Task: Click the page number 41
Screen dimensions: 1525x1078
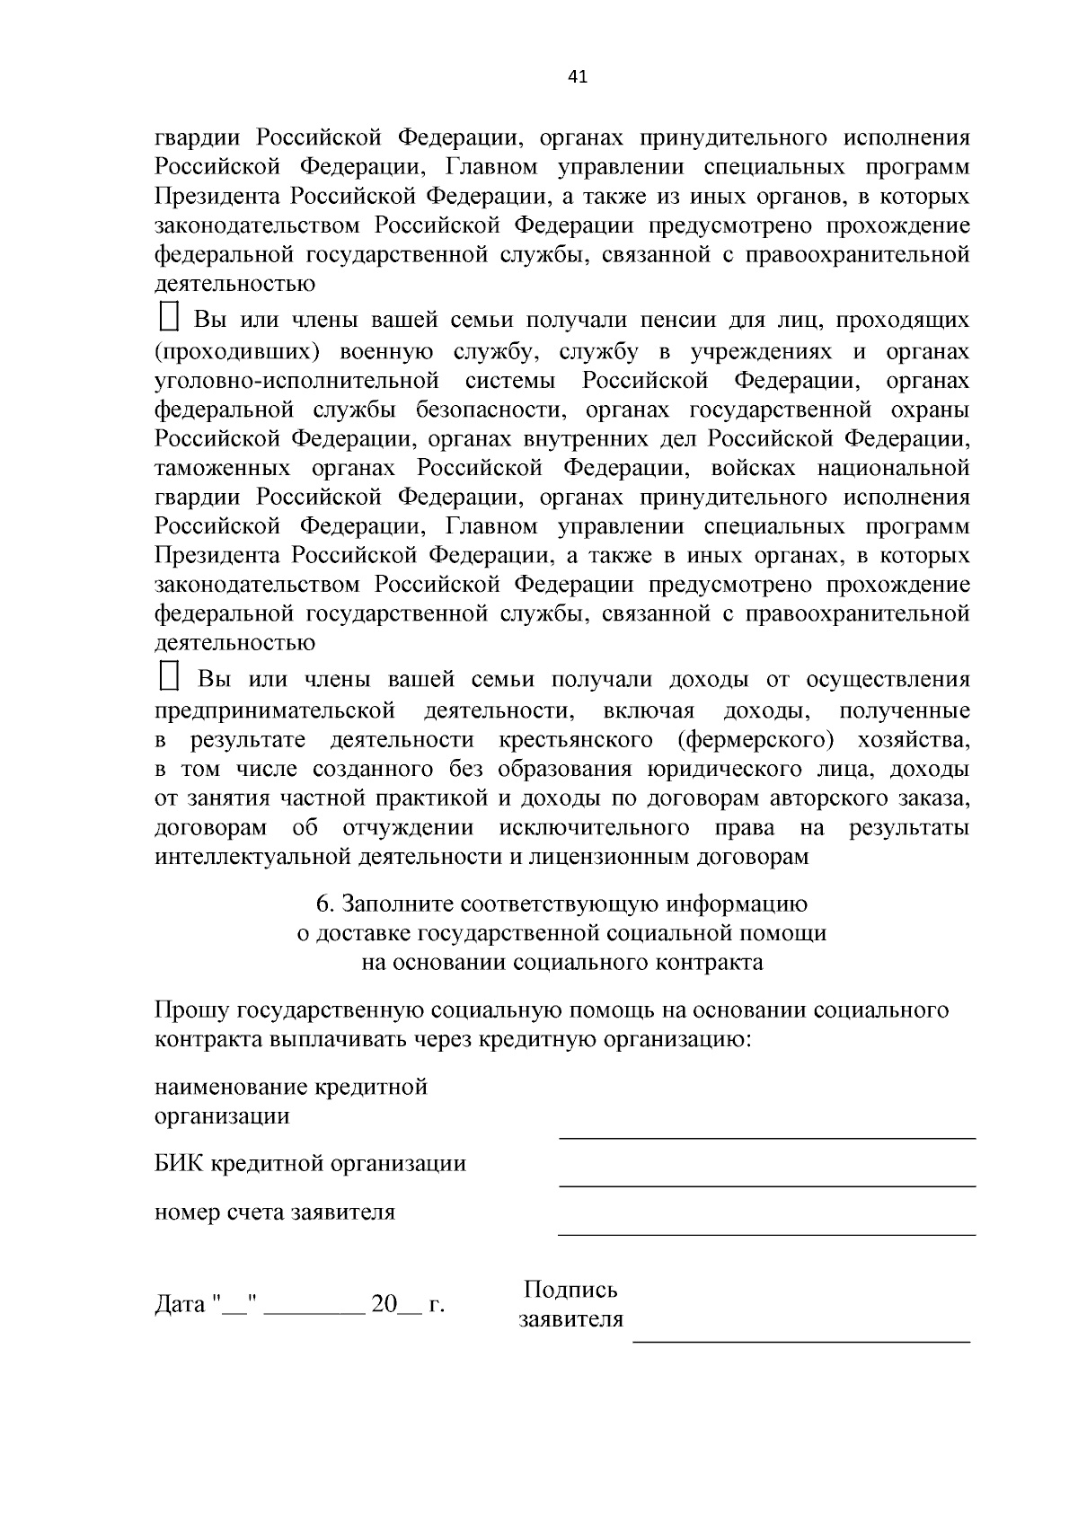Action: [578, 77]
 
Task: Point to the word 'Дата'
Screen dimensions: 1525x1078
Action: [181, 1303]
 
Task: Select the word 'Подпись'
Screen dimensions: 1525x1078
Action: [570, 1290]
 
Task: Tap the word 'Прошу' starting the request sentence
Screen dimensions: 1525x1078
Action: [192, 1010]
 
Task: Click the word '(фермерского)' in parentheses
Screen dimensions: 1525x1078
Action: [755, 740]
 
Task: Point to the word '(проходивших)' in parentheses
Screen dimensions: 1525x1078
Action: [237, 351]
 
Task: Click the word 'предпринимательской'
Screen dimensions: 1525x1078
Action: [275, 711]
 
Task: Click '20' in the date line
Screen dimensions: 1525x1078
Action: [384, 1303]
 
